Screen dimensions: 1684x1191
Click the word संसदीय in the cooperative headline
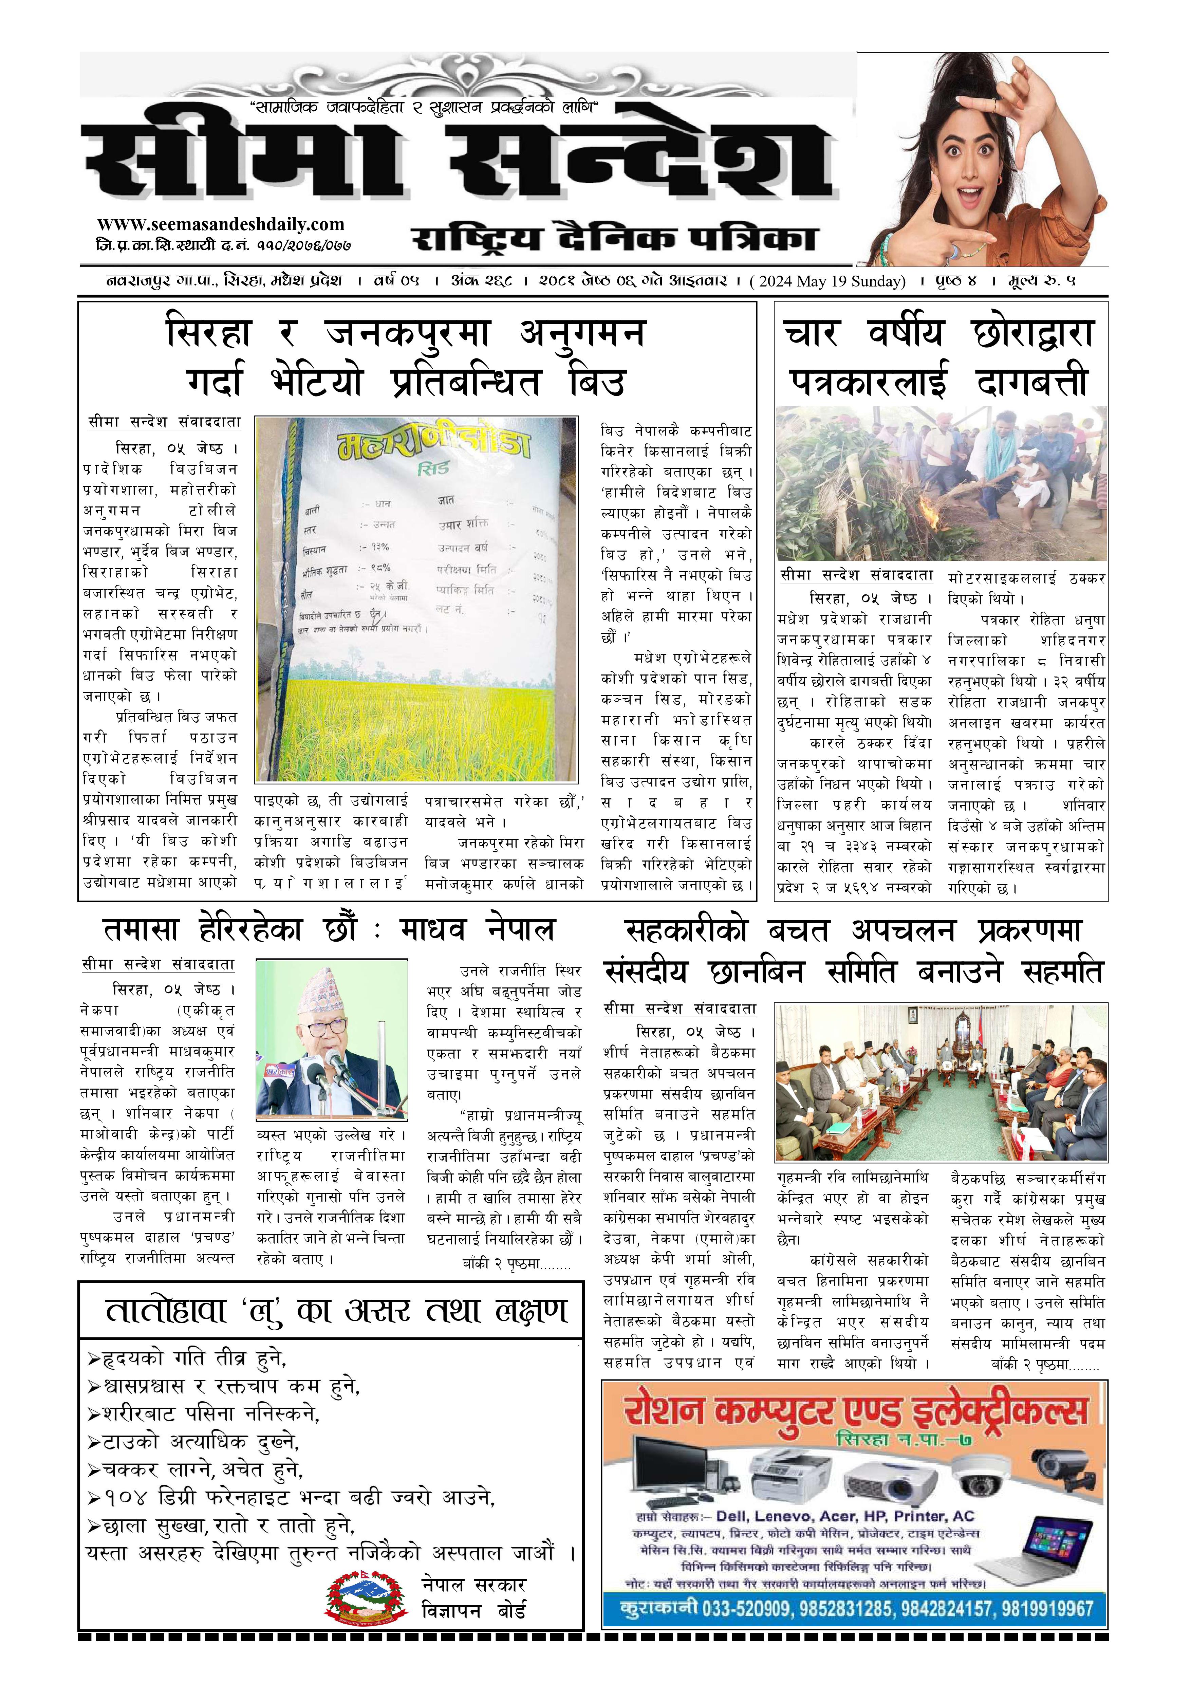pyautogui.click(x=646, y=972)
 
